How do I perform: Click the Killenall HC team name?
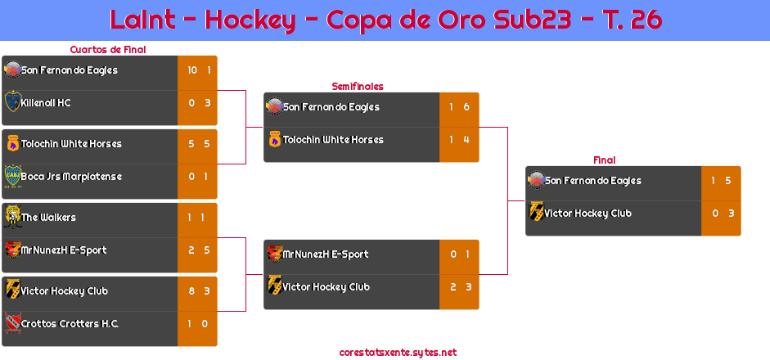[46, 103]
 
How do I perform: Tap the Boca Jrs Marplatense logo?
[13, 177]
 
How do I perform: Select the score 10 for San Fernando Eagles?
[192, 70]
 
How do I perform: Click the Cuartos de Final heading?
[108, 50]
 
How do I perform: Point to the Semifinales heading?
[358, 87]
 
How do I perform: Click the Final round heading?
[605, 160]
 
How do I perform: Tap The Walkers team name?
[48, 218]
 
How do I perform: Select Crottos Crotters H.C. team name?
[70, 324]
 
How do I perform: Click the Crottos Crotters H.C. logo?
[13, 322]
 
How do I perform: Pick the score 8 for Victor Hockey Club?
[191, 291]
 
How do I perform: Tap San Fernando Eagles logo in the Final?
[536, 180]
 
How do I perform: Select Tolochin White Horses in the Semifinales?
[333, 140]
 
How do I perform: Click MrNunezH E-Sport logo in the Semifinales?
[275, 254]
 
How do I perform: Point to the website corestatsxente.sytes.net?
[398, 353]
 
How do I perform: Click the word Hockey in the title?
[250, 20]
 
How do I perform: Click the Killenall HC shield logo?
[13, 101]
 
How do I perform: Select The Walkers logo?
[12, 217]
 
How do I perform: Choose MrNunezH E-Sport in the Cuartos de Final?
[64, 250]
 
